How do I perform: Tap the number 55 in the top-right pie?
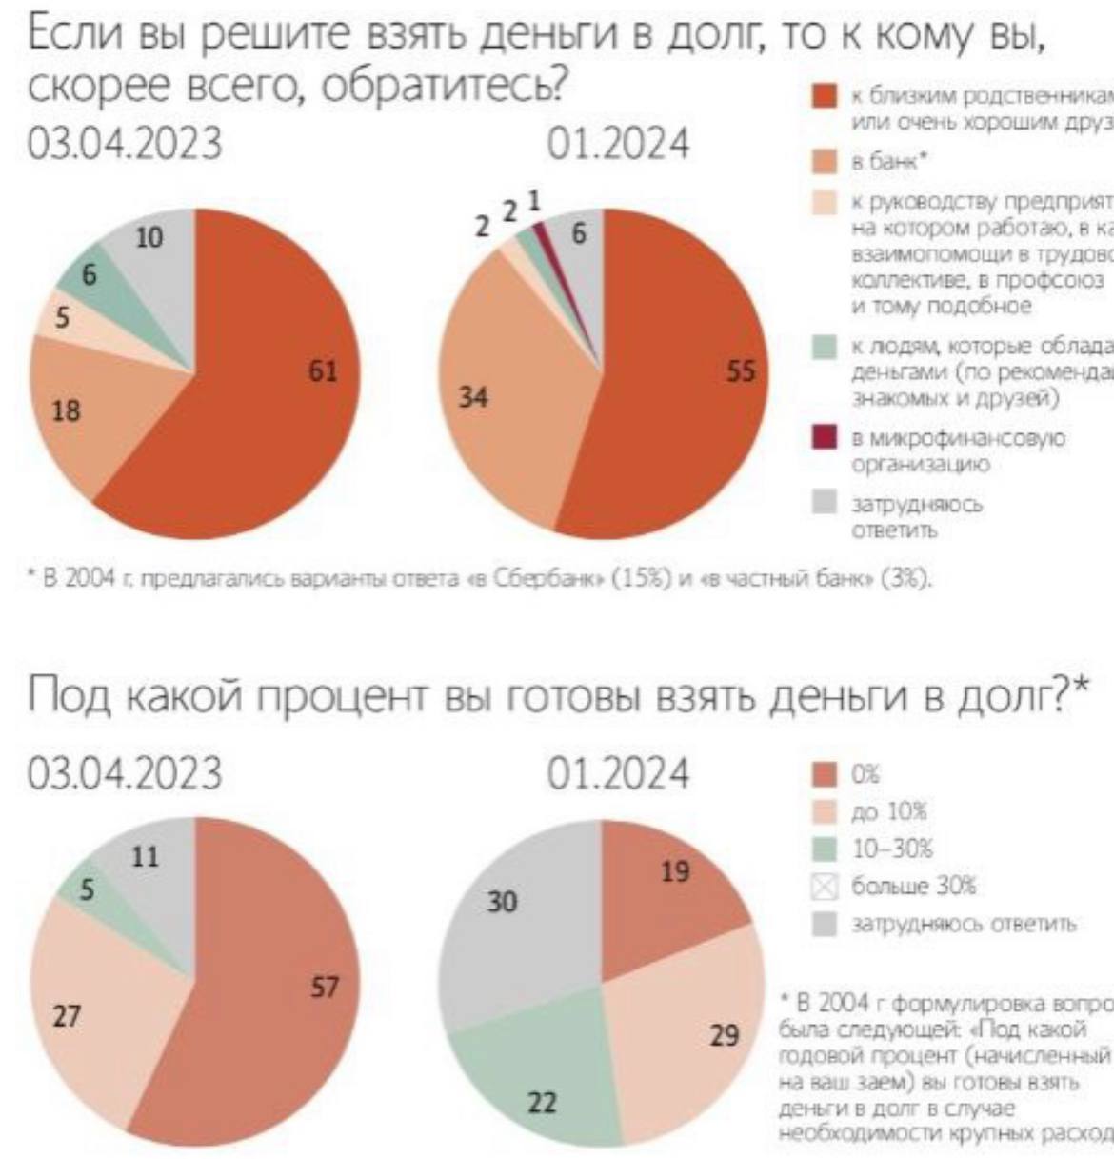(740, 372)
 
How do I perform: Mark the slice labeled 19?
(666, 886)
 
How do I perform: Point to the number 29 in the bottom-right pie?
(725, 1035)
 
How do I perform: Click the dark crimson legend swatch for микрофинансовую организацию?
(824, 438)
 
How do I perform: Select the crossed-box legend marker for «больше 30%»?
(824, 887)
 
